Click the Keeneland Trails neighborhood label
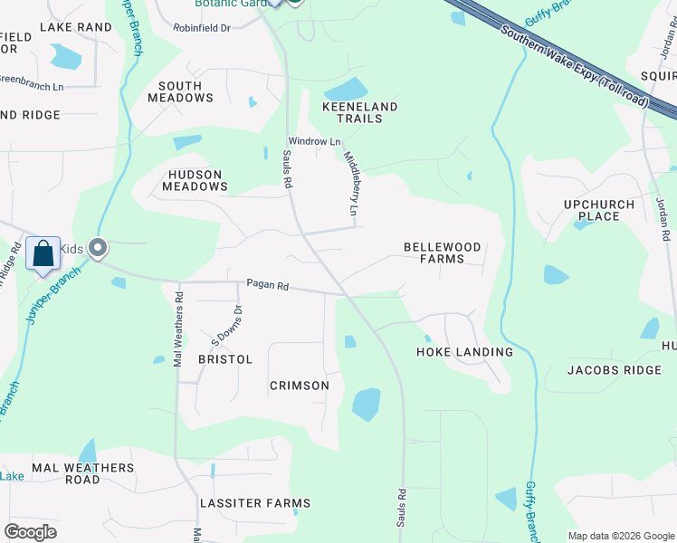360,113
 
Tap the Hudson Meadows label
195,180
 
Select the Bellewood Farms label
442,252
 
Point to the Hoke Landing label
464,352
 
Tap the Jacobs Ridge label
615,370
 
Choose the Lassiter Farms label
255,503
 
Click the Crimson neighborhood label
300,386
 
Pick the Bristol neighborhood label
225,359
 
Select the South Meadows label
180,91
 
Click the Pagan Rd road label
267,286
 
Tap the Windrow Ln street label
314,142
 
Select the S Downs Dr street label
227,326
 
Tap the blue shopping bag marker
43,254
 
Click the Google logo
30,532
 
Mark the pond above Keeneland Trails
346,90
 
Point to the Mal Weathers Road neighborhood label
83,473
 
